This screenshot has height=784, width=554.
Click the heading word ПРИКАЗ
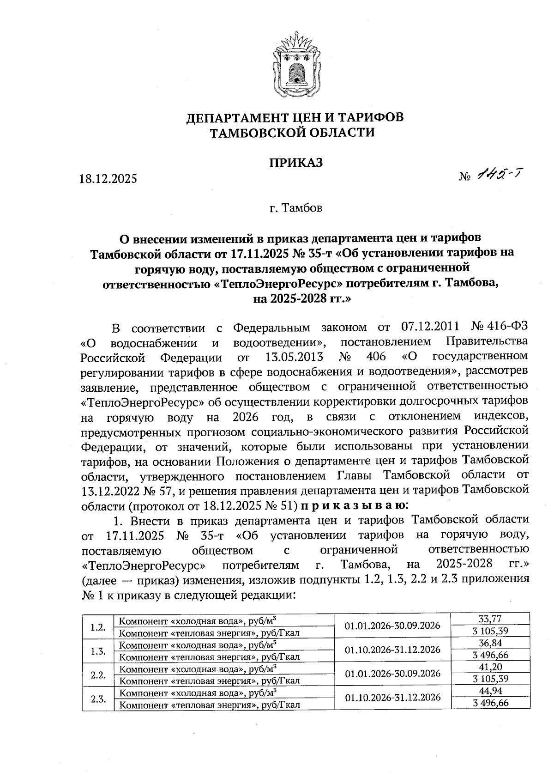pos(295,163)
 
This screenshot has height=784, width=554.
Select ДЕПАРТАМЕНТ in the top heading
pos(245,117)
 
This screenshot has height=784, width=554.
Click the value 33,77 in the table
pos(490,619)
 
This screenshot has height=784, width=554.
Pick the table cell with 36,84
pos(490,643)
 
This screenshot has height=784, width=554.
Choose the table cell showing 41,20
pos(490,667)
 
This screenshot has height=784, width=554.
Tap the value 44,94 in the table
pos(490,691)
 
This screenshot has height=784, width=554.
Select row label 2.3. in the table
pos(98,699)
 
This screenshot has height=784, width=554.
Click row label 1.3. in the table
pos(98,651)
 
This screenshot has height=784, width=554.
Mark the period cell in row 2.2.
pos(392,673)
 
